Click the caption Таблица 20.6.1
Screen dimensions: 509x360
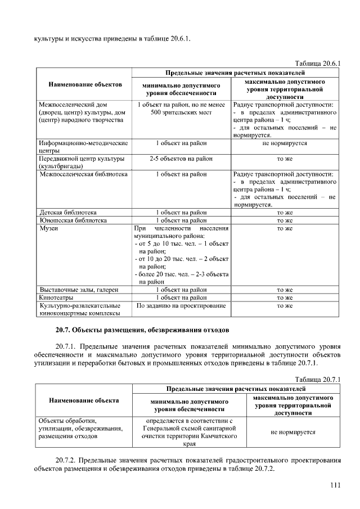(x=318, y=63)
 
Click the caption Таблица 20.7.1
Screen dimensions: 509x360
(x=318, y=380)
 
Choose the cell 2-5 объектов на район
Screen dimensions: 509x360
(x=181, y=159)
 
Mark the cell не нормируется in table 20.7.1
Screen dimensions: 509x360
(x=292, y=432)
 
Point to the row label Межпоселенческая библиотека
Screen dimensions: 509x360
(x=84, y=174)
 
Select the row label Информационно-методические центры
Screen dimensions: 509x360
(x=83, y=147)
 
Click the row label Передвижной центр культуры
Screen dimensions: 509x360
(x=82, y=159)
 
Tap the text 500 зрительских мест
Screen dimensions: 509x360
(x=181, y=112)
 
